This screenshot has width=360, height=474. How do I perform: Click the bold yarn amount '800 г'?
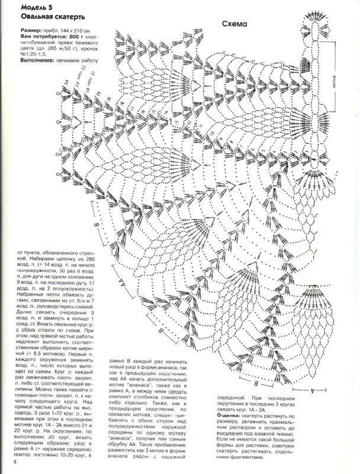pyautogui.click(x=83, y=36)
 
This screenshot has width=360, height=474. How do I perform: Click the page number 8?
pyautogui.click(x=7, y=469)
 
